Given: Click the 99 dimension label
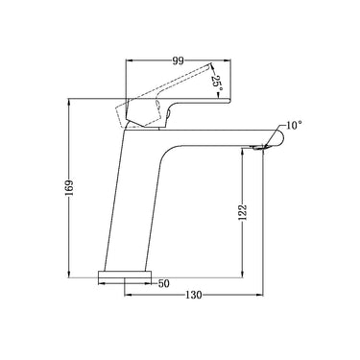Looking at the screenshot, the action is [179, 60].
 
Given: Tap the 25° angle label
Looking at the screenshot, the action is [216, 83].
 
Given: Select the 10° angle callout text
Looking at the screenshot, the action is [294, 125].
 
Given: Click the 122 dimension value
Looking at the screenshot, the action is [243, 211].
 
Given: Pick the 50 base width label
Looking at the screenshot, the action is [163, 283].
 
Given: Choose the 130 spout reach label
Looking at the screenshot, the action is [194, 295].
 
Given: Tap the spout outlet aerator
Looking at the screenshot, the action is [260, 147].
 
